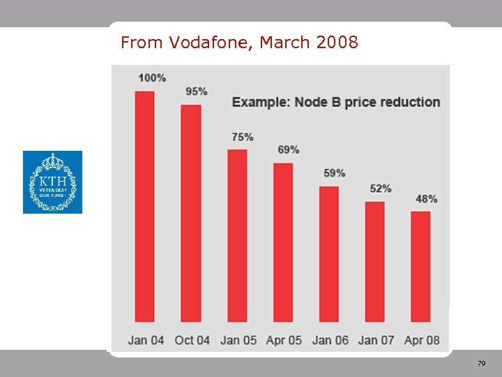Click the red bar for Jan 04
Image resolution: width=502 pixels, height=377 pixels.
point(144,206)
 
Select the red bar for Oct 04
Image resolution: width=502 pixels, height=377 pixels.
point(191,213)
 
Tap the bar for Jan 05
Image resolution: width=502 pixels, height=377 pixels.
point(237,235)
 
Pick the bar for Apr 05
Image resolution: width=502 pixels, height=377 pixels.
point(283,242)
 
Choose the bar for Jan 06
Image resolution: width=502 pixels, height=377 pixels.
point(329,253)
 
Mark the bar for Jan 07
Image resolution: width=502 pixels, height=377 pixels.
point(375,261)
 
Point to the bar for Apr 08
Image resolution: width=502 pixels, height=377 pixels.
point(420,266)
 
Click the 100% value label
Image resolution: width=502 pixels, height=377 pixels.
point(152,77)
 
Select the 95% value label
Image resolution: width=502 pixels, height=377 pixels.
point(196,91)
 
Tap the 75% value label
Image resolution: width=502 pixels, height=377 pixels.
point(243,137)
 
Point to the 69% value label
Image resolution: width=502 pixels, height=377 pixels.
point(289,149)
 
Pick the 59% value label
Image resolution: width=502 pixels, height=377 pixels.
point(335,172)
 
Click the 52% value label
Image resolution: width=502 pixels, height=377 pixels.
point(381,188)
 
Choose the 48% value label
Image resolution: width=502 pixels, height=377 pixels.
point(426,199)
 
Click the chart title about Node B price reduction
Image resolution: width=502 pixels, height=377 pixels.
point(336,102)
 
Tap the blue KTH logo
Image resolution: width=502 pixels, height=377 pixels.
point(52,182)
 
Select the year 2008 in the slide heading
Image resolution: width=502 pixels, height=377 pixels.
point(337,43)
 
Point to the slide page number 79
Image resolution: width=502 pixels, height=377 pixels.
point(481,364)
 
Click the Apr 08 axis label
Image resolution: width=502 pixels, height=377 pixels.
point(422,340)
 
